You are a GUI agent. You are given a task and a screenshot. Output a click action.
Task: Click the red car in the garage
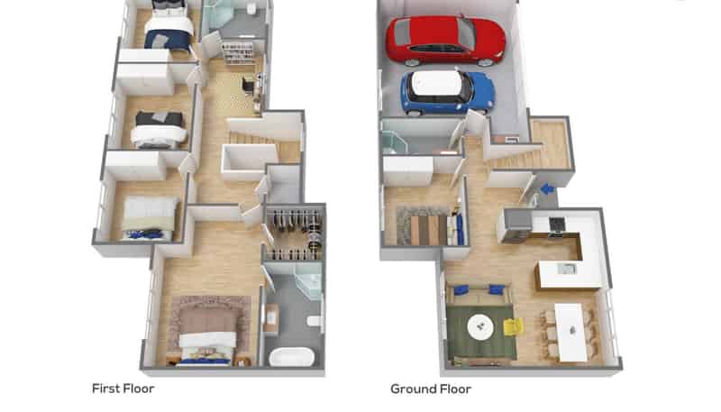(445, 40)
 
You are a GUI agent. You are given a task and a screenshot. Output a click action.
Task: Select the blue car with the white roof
(447, 93)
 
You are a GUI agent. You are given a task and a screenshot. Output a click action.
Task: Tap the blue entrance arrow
(547, 188)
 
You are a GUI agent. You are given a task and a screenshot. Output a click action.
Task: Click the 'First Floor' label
(123, 389)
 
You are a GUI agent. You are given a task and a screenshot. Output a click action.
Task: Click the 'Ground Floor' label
(431, 389)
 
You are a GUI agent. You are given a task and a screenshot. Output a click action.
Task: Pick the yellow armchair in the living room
(514, 327)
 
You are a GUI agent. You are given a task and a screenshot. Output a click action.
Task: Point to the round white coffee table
(480, 327)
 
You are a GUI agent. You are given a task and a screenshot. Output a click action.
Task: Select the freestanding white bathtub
(291, 357)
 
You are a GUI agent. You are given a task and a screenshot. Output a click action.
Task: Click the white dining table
(570, 332)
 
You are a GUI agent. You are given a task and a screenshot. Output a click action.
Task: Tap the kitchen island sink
(567, 269)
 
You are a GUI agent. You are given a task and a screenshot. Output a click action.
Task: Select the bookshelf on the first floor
(237, 53)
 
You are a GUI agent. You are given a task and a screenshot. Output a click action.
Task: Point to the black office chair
(249, 86)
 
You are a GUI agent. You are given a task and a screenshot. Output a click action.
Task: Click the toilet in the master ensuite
(314, 321)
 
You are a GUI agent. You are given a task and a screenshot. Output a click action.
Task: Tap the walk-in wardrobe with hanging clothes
(296, 233)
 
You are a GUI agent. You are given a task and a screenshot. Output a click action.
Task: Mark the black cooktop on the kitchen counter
(557, 224)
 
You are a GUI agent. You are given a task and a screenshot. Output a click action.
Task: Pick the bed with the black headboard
(160, 130)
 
